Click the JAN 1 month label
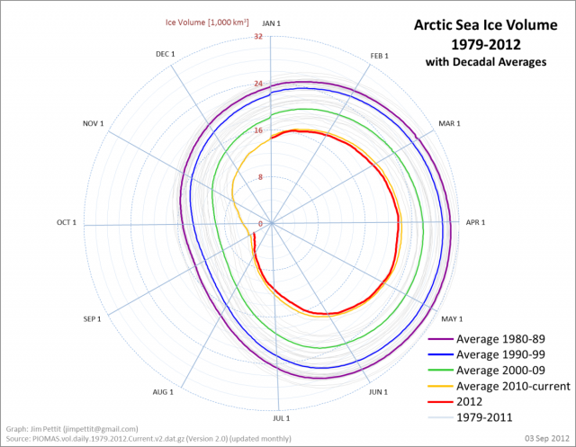point(270,22)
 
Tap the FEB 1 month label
point(380,56)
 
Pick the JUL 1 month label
point(282,418)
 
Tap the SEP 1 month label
point(91,319)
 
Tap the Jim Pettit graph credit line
point(72,429)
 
